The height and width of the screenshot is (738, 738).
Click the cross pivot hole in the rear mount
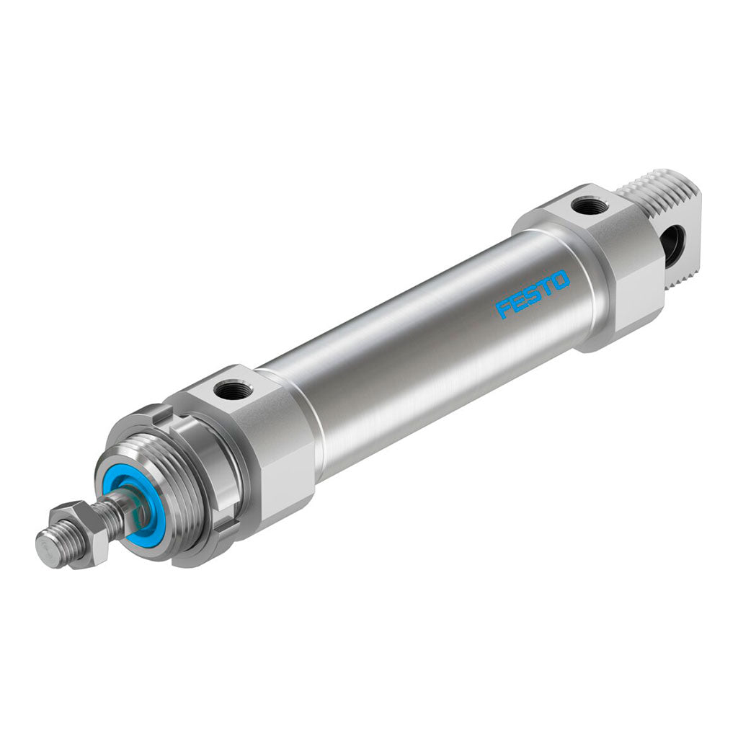673,239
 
